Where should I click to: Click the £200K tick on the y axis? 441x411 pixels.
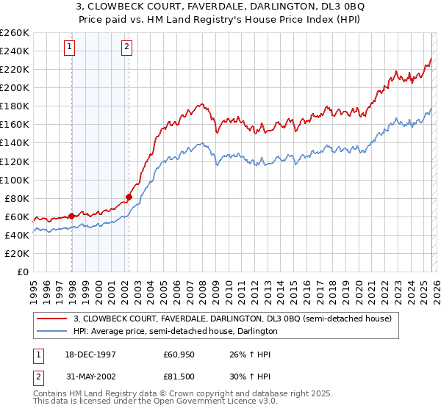14,87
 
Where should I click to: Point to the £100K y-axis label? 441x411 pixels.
14,180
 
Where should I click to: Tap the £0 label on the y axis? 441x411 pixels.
22,272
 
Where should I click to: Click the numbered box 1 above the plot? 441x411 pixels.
71,47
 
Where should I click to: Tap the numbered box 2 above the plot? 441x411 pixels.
127,47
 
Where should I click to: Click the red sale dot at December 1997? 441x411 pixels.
72,216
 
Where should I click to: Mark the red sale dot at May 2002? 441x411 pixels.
129,197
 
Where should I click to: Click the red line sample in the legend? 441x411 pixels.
53,319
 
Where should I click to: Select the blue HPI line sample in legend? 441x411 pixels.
53,331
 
